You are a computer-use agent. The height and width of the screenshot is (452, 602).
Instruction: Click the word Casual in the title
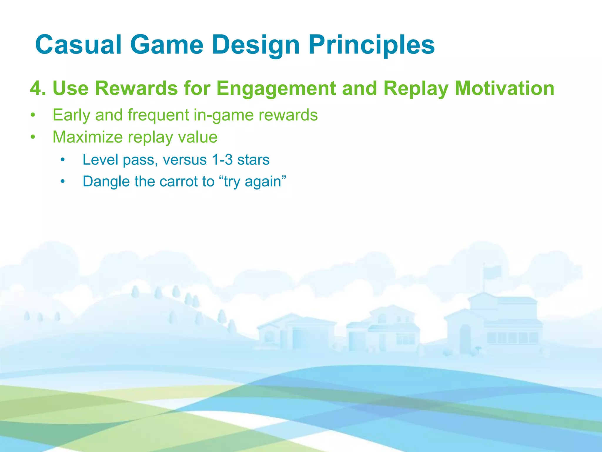point(78,45)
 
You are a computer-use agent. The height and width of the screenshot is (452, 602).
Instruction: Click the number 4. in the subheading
point(38,88)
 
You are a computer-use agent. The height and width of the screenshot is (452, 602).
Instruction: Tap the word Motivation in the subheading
point(504,88)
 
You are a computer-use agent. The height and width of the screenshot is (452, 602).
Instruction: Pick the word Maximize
point(87,137)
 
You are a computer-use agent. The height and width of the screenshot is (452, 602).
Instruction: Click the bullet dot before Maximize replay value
point(33,137)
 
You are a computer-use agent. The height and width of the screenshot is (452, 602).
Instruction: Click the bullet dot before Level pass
point(62,160)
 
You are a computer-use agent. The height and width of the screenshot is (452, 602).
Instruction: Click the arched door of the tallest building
point(465,335)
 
